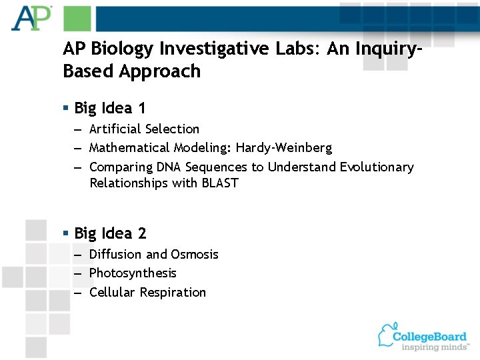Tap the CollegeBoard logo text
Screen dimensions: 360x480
click(429, 336)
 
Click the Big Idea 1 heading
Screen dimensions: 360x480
click(110, 108)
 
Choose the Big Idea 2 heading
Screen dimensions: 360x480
click(110, 233)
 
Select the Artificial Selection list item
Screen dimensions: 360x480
click(144, 129)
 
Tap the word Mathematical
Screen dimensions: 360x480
click(130, 147)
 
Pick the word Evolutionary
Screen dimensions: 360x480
click(377, 167)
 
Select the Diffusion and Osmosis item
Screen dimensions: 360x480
click(153, 254)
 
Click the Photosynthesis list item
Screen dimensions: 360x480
click(133, 273)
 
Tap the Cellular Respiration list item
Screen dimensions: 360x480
click(147, 292)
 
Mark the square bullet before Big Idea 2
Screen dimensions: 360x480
click(65, 233)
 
